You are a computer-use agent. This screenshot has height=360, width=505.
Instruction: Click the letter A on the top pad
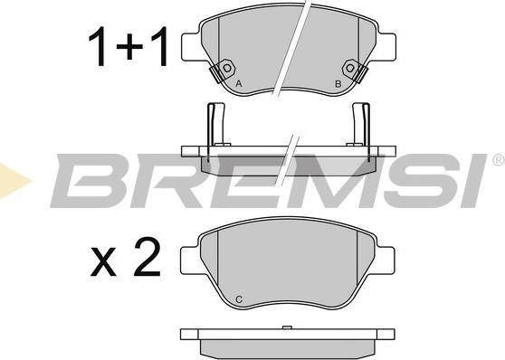tap(238, 84)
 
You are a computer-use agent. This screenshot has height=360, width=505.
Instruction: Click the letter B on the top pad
tap(338, 84)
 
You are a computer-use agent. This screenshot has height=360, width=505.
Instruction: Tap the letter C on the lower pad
tap(239, 299)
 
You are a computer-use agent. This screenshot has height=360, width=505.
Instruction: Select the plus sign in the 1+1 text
tap(129, 47)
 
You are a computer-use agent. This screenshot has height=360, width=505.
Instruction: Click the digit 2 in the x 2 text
tap(148, 257)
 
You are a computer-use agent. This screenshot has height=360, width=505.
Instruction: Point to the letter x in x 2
tap(103, 262)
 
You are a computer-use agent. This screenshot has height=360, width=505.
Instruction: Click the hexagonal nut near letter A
tap(227, 69)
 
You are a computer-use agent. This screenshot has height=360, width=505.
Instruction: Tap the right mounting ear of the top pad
tap(386, 47)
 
